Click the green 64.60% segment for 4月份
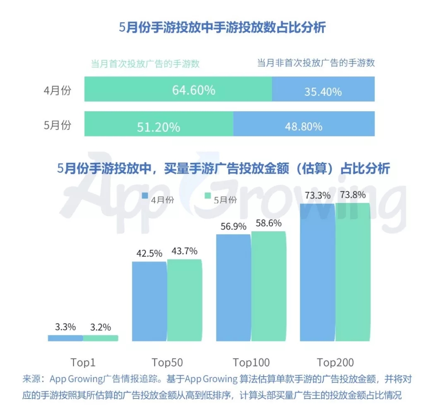(x=178, y=89)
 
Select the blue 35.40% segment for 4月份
(x=323, y=89)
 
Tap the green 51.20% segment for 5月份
(x=159, y=124)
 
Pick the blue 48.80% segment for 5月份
(x=304, y=124)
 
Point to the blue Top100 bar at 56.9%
(x=233, y=288)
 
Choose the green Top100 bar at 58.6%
(x=269, y=286)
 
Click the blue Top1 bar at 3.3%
(x=65, y=338)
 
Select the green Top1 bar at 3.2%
(x=101, y=338)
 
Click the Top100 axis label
(x=251, y=363)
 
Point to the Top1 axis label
(x=83, y=363)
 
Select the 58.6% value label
(x=269, y=223)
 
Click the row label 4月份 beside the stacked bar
(x=57, y=90)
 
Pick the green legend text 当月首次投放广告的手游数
(x=145, y=64)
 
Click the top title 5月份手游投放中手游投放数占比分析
(x=223, y=28)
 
